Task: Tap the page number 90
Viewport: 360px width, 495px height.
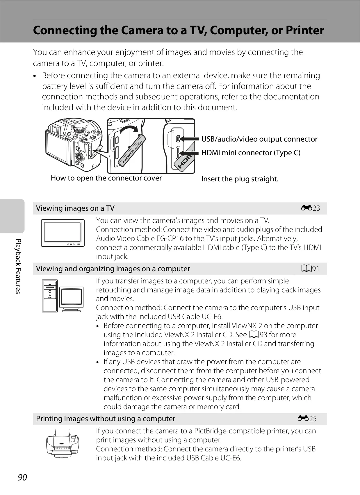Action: coord(22,477)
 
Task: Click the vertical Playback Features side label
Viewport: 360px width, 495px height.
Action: coord(18,266)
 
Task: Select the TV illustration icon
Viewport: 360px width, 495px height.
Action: coord(63,233)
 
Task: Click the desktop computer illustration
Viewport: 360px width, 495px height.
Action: coord(63,296)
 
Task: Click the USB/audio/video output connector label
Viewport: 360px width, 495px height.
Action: coord(259,139)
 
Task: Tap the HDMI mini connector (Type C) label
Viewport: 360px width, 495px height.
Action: coord(251,153)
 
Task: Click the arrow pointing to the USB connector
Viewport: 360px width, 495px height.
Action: coord(189,139)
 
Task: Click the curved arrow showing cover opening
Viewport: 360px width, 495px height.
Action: coord(129,130)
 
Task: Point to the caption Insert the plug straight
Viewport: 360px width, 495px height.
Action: coord(240,179)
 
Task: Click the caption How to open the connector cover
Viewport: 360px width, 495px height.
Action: coord(106,178)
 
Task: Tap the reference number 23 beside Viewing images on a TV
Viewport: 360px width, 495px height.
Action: coord(316,208)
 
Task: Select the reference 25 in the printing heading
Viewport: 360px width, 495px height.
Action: coord(313,419)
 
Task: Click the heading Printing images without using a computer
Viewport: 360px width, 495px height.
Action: coord(106,419)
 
